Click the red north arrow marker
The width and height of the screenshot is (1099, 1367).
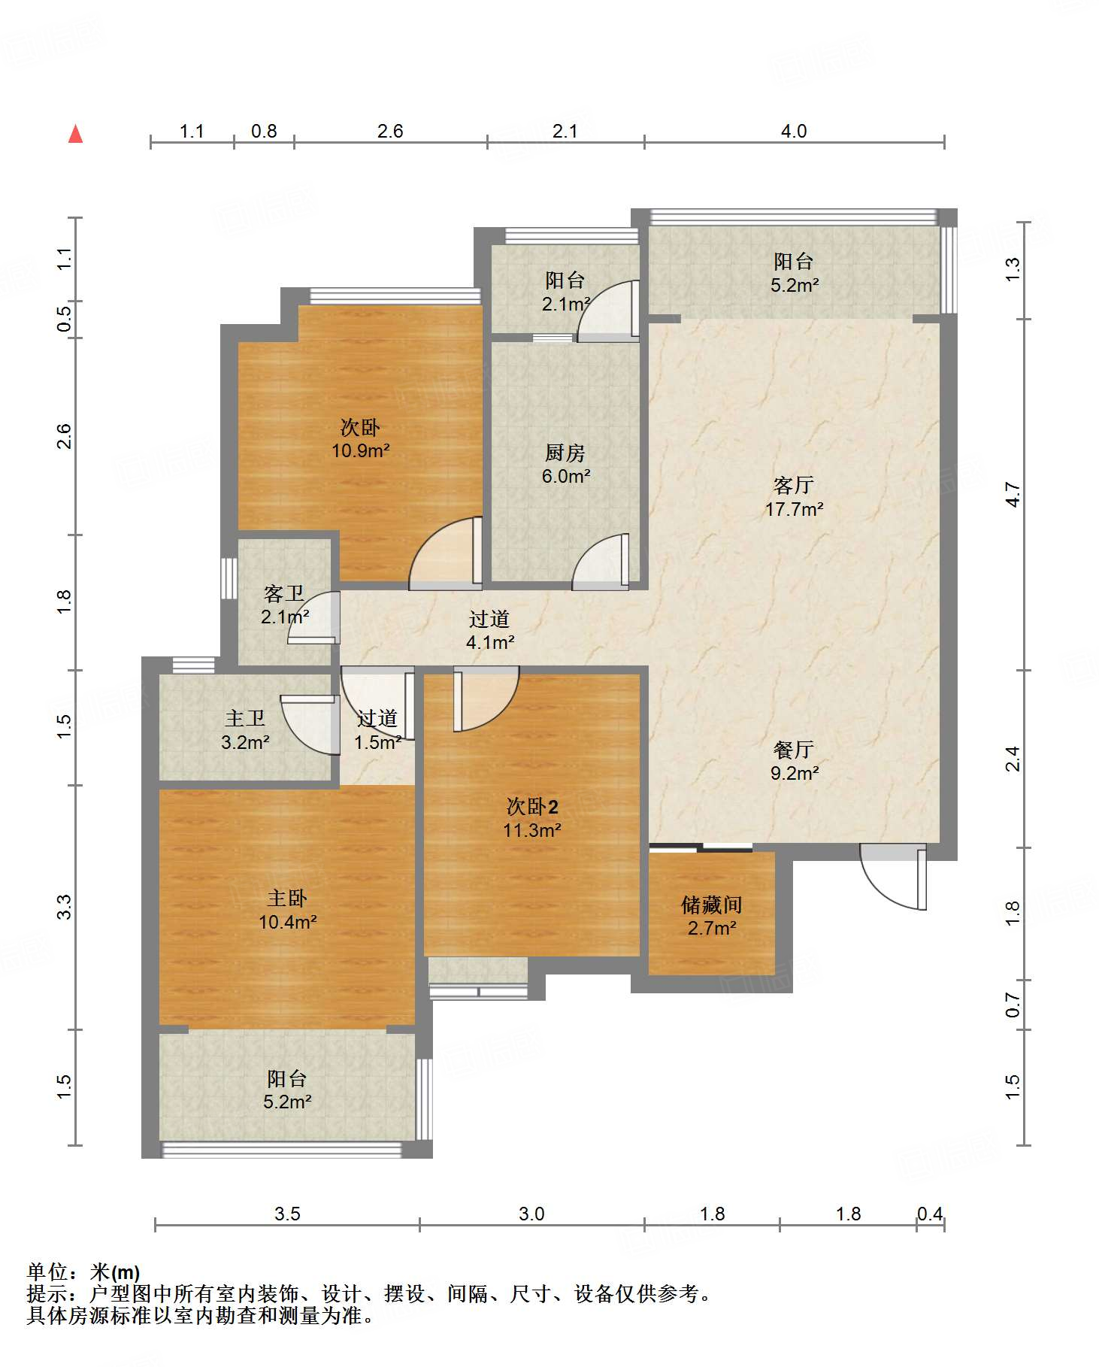(x=75, y=134)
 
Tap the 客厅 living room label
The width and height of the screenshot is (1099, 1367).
(x=794, y=486)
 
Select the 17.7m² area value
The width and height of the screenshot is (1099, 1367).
(x=794, y=510)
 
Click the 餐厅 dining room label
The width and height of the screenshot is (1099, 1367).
(x=794, y=750)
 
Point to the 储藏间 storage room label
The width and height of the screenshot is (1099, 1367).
(x=711, y=905)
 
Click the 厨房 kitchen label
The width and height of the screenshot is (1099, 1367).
(x=565, y=453)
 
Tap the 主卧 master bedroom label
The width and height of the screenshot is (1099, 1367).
(x=287, y=898)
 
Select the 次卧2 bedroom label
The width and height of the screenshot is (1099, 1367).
(x=532, y=807)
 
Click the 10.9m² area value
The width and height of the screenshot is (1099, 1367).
(x=361, y=451)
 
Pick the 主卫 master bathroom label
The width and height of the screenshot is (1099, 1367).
(x=245, y=719)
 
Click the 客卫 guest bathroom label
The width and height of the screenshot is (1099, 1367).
(x=284, y=594)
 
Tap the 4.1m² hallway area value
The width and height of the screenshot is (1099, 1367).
(x=490, y=643)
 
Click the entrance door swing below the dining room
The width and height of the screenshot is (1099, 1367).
(x=893, y=877)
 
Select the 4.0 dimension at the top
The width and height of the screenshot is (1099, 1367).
(x=794, y=132)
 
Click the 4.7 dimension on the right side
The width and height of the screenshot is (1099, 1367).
(x=1013, y=494)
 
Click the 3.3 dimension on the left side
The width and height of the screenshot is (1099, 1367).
(x=65, y=907)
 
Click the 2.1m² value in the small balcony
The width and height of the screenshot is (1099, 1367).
(x=565, y=304)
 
